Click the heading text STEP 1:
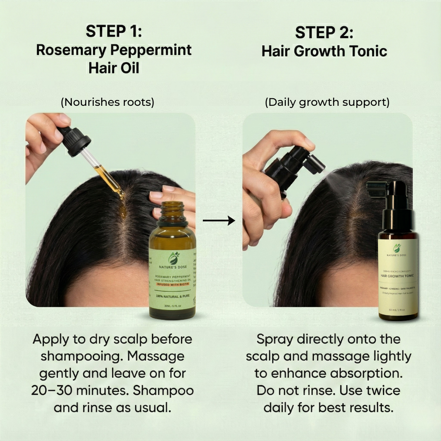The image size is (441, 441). pos(114,32)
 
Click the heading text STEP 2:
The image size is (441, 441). pos(324,33)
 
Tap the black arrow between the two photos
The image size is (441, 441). pos(219,220)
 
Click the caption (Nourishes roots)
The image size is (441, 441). pos(107,102)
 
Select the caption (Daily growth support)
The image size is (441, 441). pos(327,102)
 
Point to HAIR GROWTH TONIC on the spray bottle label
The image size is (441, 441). pos(398,275)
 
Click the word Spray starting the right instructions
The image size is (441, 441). pos(275,339)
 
